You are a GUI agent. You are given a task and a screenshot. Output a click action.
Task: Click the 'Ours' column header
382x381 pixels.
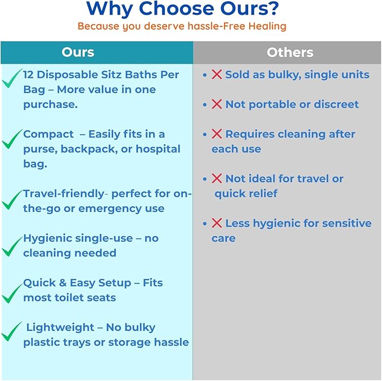[x=78, y=52]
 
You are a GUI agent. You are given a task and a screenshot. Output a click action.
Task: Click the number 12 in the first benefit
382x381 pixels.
[x=30, y=74]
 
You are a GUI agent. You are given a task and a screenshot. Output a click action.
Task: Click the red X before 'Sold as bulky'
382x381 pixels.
[x=217, y=74]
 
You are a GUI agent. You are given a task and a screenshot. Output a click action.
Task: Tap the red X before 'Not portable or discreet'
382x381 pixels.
[x=217, y=104]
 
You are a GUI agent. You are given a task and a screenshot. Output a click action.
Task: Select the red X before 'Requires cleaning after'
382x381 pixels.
[x=217, y=134]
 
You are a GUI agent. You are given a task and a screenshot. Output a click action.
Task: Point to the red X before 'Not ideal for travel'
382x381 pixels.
[x=217, y=179]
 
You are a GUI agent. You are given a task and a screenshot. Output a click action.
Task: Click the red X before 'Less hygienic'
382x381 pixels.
[x=217, y=223]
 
